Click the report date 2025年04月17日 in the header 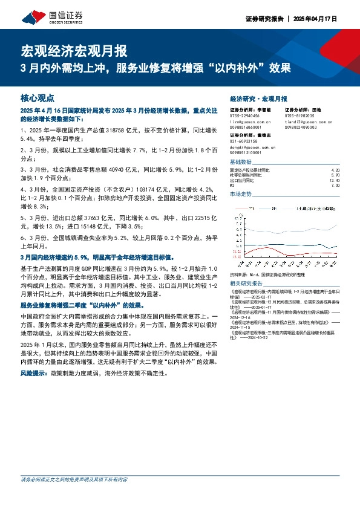(315, 19)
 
